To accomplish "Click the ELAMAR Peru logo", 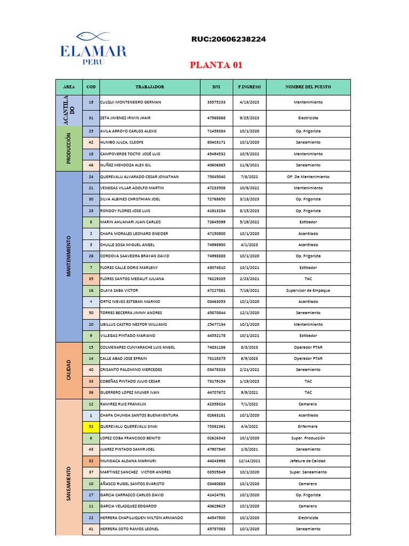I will pyautogui.click(x=94, y=49).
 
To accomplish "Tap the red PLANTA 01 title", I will pyautogui.click(x=216, y=65).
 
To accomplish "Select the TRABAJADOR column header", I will pyautogui.click(x=149, y=86).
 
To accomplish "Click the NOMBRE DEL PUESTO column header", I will pyautogui.click(x=308, y=86).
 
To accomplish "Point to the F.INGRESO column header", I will pyautogui.click(x=249, y=86).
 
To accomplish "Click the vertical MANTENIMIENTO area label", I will pyautogui.click(x=69, y=256).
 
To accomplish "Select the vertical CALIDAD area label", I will pyautogui.click(x=69, y=370).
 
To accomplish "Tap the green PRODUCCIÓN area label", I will pyautogui.click(x=69, y=148).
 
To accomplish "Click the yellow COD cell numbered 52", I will pyautogui.click(x=91, y=427).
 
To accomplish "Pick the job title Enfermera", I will pyautogui.click(x=308, y=427).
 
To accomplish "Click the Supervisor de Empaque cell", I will pyautogui.click(x=308, y=291).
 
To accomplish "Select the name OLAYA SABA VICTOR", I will pyautogui.click(x=119, y=291).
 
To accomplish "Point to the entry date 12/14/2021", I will pyautogui.click(x=249, y=461).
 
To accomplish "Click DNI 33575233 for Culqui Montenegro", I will pyautogui.click(x=216, y=102).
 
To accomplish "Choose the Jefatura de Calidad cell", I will pyautogui.click(x=308, y=461).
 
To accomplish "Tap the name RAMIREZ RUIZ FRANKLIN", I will pyautogui.click(x=123, y=404).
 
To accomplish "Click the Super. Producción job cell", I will pyautogui.click(x=308, y=438).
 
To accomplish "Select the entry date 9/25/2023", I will pyautogui.click(x=249, y=118).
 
